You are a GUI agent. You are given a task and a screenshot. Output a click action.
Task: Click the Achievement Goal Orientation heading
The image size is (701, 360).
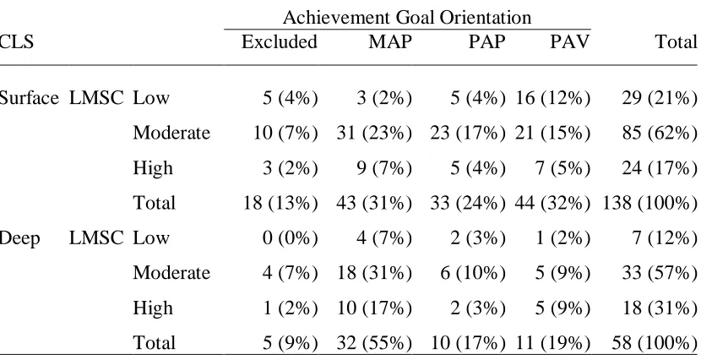407,18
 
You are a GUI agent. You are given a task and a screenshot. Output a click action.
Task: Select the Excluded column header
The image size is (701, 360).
280,41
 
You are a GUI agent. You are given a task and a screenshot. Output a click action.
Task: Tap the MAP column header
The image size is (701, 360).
390,41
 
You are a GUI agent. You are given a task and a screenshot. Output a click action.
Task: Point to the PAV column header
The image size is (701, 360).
570,41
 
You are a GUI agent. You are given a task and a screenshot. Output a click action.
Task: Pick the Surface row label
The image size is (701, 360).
29,98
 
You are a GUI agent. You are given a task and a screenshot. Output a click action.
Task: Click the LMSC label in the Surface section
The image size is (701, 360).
96,98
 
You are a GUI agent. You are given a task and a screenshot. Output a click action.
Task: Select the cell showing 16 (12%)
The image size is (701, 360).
552,98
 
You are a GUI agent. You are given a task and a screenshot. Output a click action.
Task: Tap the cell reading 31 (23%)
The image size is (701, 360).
374,133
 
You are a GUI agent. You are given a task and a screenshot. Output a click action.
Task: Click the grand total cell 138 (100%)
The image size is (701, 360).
650,203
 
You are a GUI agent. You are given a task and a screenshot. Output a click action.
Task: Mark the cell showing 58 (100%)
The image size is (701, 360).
655,343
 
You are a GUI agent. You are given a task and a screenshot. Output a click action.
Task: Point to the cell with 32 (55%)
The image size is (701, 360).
374,343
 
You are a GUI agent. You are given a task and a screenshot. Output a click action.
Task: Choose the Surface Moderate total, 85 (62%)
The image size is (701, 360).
660,133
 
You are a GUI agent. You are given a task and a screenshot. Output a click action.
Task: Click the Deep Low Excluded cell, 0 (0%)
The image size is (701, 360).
291,238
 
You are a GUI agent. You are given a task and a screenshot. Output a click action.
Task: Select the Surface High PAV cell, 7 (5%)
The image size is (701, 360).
562,168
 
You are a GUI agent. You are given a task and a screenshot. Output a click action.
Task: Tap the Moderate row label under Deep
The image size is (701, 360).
171,273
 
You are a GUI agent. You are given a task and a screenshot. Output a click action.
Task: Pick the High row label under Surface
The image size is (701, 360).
153,168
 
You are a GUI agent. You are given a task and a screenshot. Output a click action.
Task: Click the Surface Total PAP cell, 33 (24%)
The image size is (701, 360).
468,203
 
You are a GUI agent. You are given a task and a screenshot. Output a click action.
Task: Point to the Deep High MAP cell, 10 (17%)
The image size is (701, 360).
374,308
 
